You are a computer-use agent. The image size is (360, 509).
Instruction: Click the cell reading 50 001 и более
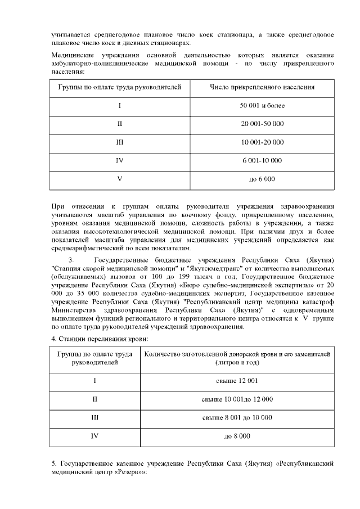pyautogui.click(x=262, y=105)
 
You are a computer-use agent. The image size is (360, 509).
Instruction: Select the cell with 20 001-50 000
pyautogui.click(x=262, y=124)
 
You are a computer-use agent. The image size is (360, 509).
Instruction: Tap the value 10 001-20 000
pyautogui.click(x=262, y=142)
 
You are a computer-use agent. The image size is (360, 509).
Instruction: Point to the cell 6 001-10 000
pyautogui.click(x=262, y=161)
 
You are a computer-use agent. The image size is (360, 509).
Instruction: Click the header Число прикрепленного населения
pyautogui.click(x=262, y=87)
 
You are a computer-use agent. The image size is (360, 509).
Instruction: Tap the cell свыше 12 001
pyautogui.click(x=237, y=381)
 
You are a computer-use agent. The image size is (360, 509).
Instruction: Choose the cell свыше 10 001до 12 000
pyautogui.click(x=237, y=399)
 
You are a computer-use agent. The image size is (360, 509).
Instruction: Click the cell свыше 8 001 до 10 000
pyautogui.click(x=237, y=417)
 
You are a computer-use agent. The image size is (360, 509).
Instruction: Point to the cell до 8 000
pyautogui.click(x=237, y=436)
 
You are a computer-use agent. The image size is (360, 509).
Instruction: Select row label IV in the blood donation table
pyautogui.click(x=95, y=436)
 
